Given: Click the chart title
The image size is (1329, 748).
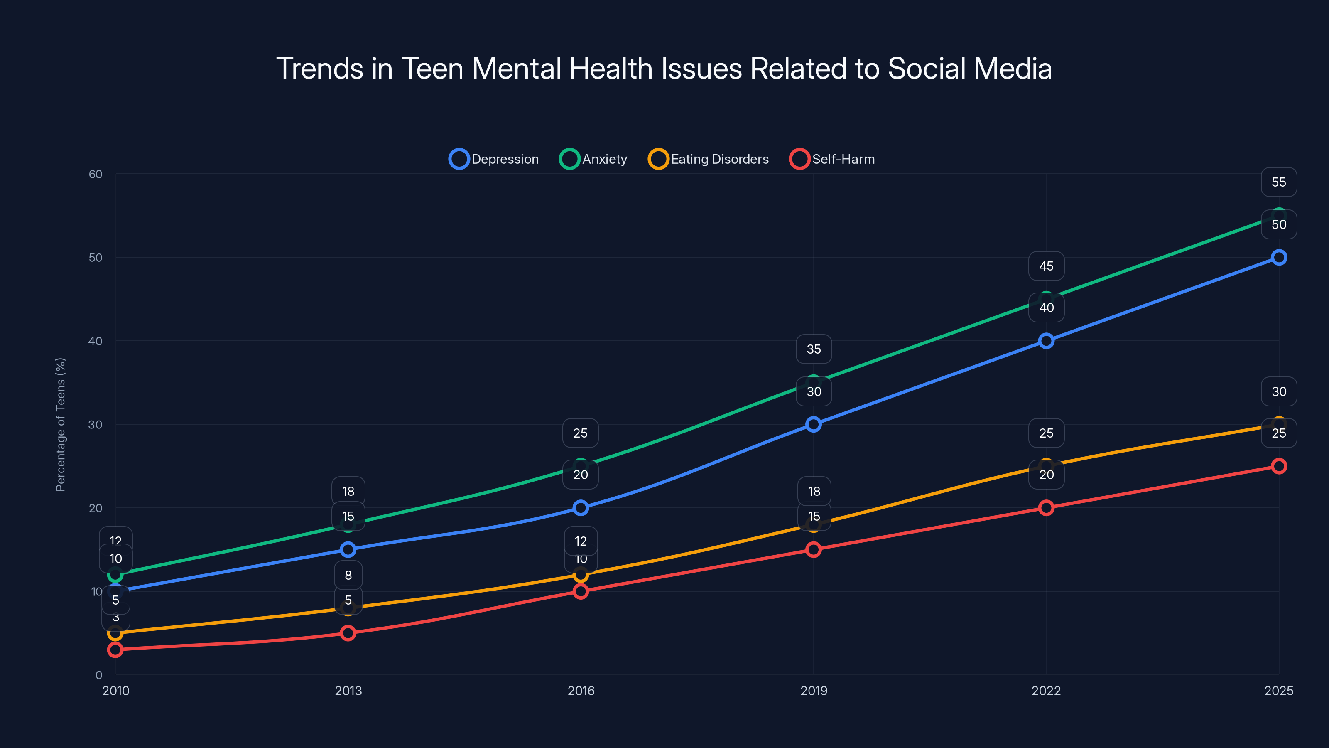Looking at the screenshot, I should (664, 69).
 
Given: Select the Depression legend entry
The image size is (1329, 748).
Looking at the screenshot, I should (494, 159).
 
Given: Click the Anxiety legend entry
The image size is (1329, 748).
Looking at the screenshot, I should (594, 159).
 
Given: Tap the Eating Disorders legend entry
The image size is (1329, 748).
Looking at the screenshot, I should (709, 159).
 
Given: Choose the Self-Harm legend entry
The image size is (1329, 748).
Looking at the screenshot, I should (832, 159).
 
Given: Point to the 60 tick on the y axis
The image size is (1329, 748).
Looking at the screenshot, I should (96, 174).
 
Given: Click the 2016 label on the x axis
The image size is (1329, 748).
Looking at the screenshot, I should (581, 691).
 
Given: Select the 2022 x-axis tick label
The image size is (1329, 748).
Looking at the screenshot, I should (1046, 691).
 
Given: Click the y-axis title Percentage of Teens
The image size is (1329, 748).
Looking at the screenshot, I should (60, 424).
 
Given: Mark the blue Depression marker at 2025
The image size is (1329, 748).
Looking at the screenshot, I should (1278, 258).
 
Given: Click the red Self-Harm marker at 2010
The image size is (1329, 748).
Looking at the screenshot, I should (115, 650).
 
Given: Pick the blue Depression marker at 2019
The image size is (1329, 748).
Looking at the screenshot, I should (814, 424).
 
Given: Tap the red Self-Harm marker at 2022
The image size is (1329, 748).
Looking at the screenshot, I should (1046, 508).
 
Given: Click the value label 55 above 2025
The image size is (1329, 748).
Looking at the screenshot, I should (1278, 182).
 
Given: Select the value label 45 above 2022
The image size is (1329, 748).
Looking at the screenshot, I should (1046, 266).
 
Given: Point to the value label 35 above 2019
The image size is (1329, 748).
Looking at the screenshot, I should (814, 349).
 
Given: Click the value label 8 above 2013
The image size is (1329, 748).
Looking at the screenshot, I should (348, 575).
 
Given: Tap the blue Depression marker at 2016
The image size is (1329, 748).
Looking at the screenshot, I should (581, 508).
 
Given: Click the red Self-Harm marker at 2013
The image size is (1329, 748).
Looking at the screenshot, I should (348, 633).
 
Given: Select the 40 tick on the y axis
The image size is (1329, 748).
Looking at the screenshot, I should (96, 341).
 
